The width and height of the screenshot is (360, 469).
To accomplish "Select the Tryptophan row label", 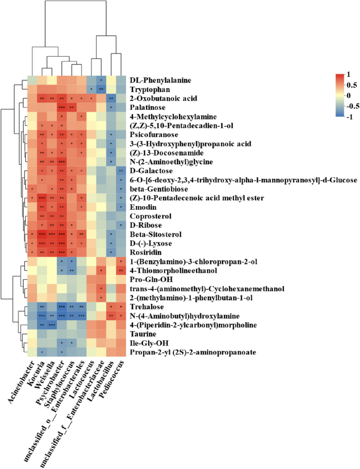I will (x=150, y=89).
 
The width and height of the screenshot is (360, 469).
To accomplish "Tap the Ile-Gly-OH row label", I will (x=151, y=343).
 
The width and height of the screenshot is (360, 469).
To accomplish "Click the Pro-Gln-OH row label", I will (x=152, y=280).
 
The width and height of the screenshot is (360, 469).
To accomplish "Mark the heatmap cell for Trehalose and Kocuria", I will (x=42, y=307).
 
